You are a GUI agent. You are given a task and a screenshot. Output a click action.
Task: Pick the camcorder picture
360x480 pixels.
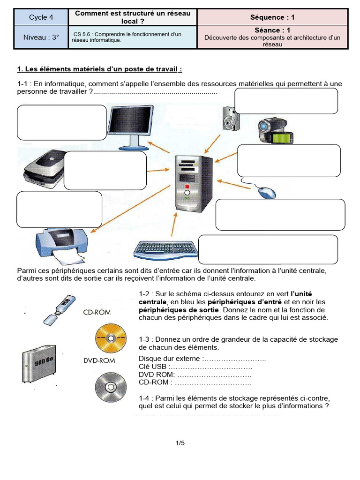coord(275,131)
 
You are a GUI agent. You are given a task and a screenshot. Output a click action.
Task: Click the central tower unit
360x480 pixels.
coord(192,183)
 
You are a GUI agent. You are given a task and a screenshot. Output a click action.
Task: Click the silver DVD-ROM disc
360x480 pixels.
coord(111,387)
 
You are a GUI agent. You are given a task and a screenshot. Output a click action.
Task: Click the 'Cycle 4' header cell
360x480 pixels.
coord(41,17)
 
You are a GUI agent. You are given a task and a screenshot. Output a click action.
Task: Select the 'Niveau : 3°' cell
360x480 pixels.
coord(41,37)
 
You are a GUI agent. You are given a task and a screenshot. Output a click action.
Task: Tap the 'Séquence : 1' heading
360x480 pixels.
coord(273,17)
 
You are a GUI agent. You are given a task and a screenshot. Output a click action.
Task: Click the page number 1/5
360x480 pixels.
coord(180,442)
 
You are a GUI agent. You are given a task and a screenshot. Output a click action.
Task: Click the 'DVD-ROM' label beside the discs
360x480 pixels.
coord(99,360)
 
